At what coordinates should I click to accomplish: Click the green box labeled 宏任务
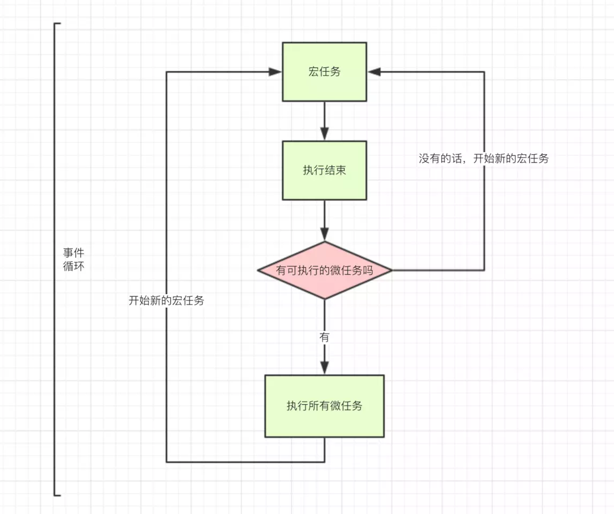(324, 72)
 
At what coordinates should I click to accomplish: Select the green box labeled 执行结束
(324, 170)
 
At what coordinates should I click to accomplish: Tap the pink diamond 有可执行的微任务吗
(324, 270)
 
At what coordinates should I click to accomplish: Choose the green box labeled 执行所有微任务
(324, 406)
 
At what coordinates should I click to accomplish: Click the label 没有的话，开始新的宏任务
(483, 158)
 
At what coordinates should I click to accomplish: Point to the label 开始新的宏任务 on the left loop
(166, 301)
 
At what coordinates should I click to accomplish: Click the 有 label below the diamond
(324, 337)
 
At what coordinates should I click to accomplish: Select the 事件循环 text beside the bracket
(73, 259)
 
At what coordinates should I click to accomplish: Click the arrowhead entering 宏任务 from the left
(275, 72)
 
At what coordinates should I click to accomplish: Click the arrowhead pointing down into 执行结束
(324, 134)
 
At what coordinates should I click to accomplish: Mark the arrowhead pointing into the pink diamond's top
(324, 234)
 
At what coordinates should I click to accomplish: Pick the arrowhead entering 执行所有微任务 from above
(324, 368)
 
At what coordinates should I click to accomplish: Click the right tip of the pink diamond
(391, 270)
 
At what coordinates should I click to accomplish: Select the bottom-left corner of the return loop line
(167, 462)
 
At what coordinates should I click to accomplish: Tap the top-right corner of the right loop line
(484, 72)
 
